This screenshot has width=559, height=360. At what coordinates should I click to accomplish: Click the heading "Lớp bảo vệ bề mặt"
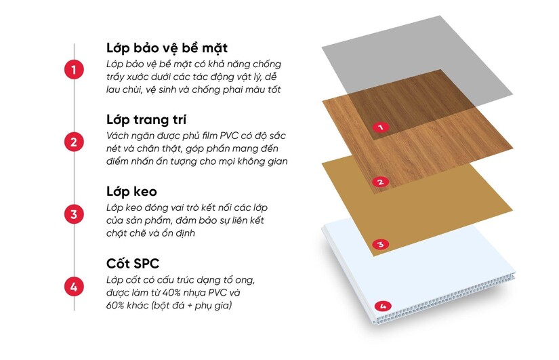[x=167, y=48]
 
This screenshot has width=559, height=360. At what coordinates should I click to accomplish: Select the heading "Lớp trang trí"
[x=146, y=120]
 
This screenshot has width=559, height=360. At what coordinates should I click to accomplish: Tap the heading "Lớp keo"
[x=131, y=192]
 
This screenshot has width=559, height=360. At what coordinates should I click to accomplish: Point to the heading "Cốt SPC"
[x=133, y=264]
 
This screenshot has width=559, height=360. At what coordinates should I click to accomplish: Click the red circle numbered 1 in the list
[x=74, y=69]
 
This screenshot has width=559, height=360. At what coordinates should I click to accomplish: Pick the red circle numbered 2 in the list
[x=74, y=142]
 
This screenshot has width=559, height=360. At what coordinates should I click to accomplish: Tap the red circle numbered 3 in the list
[x=74, y=214]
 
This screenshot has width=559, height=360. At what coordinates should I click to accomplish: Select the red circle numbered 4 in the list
[x=74, y=287]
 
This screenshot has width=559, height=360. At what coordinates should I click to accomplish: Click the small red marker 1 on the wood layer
[x=381, y=127]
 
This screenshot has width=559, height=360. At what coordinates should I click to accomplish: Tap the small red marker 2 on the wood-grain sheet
[x=380, y=182]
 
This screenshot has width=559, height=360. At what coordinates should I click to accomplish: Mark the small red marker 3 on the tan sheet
[x=380, y=244]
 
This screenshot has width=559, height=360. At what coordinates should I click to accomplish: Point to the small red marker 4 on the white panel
[x=383, y=306]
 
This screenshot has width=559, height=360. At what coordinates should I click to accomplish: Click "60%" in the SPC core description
[x=115, y=305]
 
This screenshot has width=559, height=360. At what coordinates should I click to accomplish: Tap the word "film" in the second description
[x=209, y=136]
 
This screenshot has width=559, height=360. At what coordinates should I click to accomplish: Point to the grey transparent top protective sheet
[x=417, y=57]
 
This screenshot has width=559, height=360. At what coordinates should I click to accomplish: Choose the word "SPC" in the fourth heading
[x=146, y=264]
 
